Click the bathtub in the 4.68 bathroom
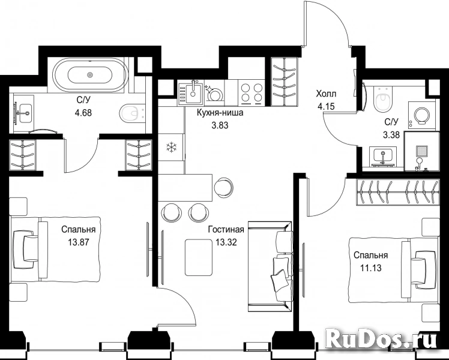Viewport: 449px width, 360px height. tap(90, 75)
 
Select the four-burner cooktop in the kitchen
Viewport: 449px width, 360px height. tap(250, 93)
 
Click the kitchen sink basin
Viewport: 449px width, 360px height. tap(193, 92)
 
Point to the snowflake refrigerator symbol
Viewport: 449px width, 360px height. tap(171, 148)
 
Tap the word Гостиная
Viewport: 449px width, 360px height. tap(226, 229)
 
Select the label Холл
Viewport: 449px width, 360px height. tap(326, 94)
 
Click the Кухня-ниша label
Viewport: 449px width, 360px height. tap(220, 113)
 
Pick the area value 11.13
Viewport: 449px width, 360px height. tap(370, 268)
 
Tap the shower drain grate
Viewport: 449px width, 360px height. tap(421, 150)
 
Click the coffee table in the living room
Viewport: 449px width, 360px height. tap(199, 257)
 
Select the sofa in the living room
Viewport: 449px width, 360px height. tap(270, 266)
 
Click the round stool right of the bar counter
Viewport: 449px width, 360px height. tap(221, 187)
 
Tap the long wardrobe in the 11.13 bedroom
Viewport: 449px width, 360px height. tap(397, 192)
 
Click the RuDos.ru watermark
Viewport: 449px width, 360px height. tap(381, 341)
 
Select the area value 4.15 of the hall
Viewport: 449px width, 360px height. tap(326, 107)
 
